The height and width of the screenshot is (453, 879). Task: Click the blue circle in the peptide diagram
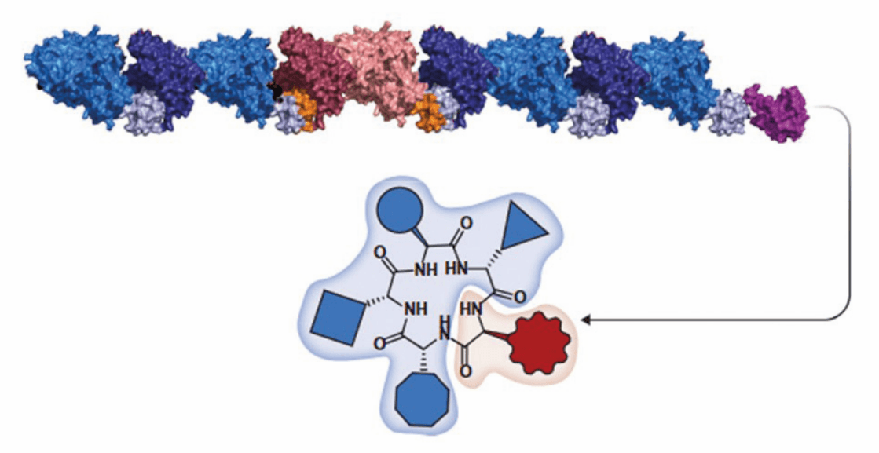pyautogui.click(x=401, y=210)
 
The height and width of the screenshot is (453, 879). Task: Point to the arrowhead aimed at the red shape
pyautogui.click(x=585, y=320)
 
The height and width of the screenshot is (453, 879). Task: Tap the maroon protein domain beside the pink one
pyautogui.click(x=311, y=70)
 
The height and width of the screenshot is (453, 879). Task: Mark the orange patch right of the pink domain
pyautogui.click(x=429, y=109)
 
